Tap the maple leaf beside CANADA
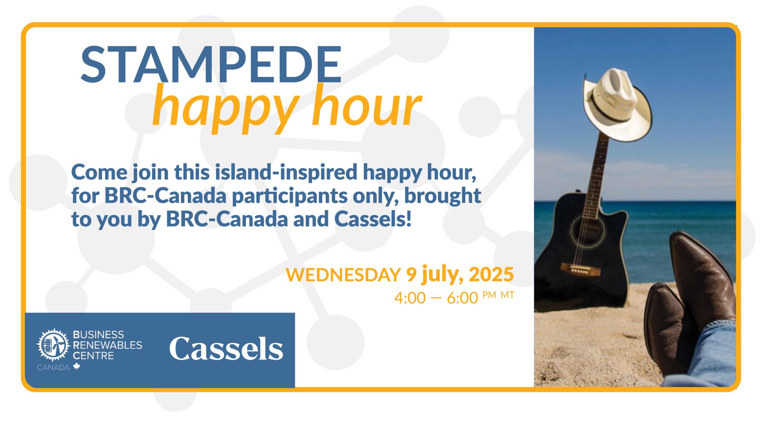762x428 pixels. click(x=77, y=367)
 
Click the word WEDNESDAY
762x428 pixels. click(x=343, y=275)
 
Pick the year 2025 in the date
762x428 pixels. click(x=491, y=274)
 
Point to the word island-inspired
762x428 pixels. click(x=286, y=172)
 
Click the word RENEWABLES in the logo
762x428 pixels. click(x=107, y=345)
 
